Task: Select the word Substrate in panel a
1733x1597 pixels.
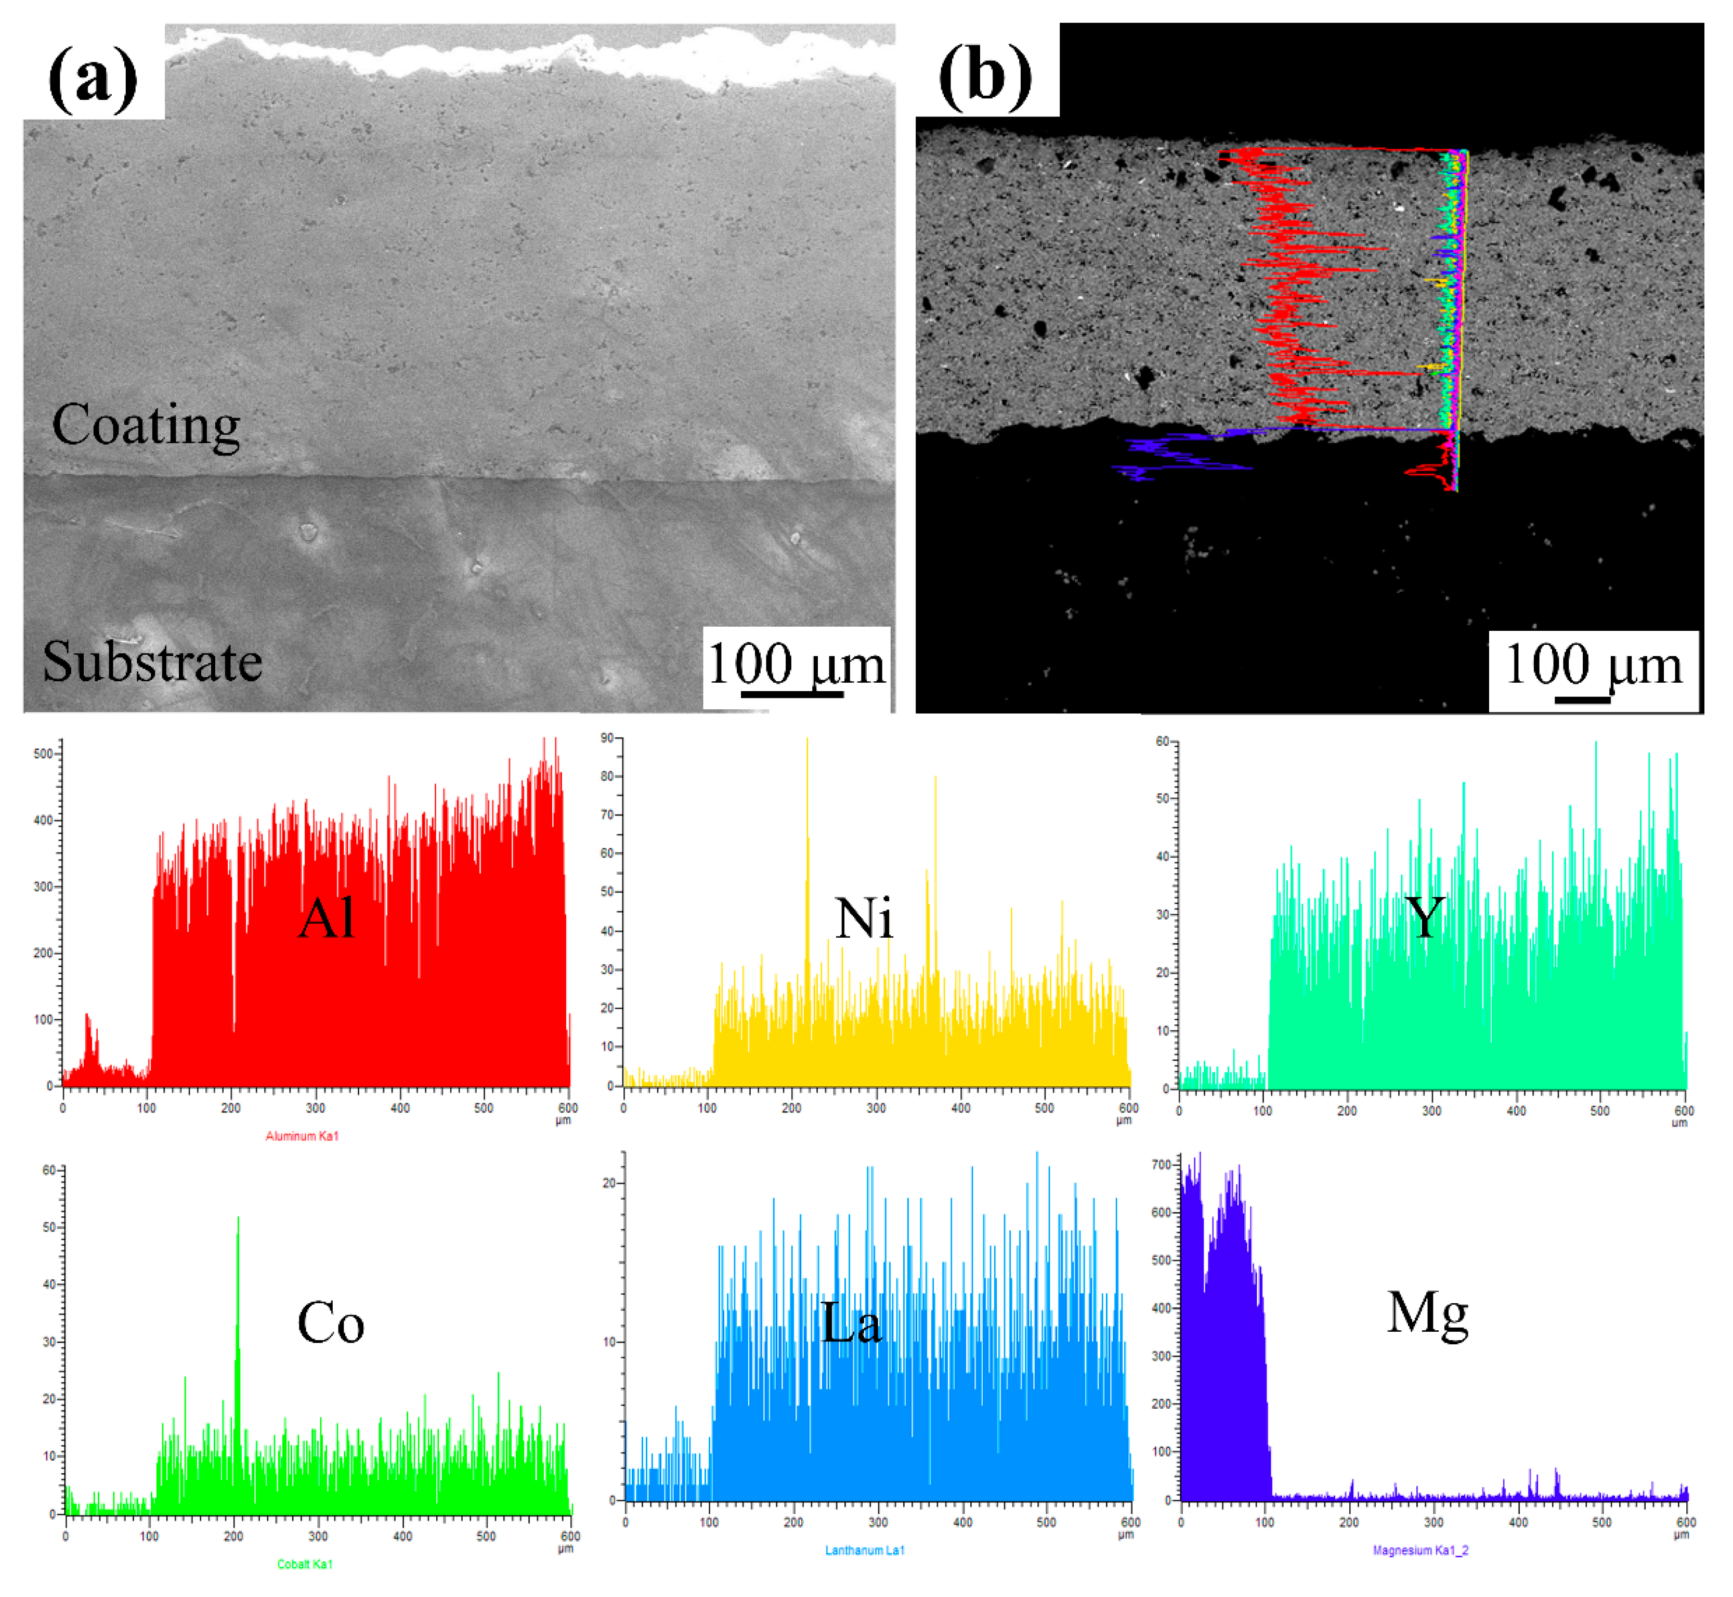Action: coord(152,662)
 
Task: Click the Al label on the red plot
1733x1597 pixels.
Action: coord(327,918)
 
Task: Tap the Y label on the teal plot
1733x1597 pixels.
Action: coord(1424,918)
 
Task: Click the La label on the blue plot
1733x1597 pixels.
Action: coord(851,1323)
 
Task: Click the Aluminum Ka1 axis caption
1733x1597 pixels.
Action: coord(302,1136)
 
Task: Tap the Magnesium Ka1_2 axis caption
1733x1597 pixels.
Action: coord(1419,1550)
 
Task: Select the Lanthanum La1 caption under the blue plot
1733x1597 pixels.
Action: coord(864,1550)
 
